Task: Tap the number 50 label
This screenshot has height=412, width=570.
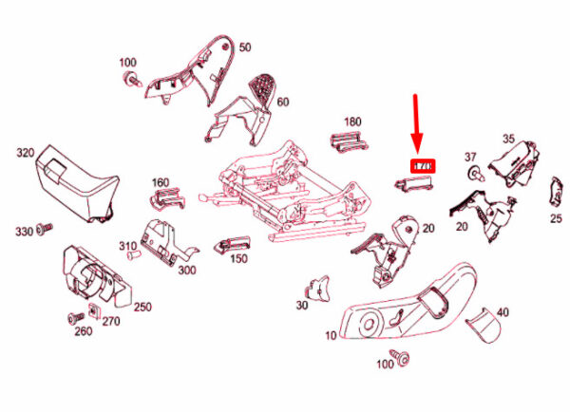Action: coord(245,47)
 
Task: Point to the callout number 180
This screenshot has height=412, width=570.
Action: coord(352,122)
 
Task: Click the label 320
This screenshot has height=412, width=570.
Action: coord(26,151)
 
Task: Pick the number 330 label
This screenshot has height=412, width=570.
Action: coord(22,231)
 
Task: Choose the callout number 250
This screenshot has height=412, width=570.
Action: coord(142,306)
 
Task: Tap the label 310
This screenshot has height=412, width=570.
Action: coord(128,246)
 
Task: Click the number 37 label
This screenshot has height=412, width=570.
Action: coord(470,156)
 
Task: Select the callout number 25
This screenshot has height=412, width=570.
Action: coord(556,217)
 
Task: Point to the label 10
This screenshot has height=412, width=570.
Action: coord(331,336)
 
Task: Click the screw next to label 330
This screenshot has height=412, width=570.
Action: coord(45,229)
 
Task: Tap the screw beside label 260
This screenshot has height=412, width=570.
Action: coord(71,317)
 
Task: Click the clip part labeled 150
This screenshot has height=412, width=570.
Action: coord(229,246)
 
